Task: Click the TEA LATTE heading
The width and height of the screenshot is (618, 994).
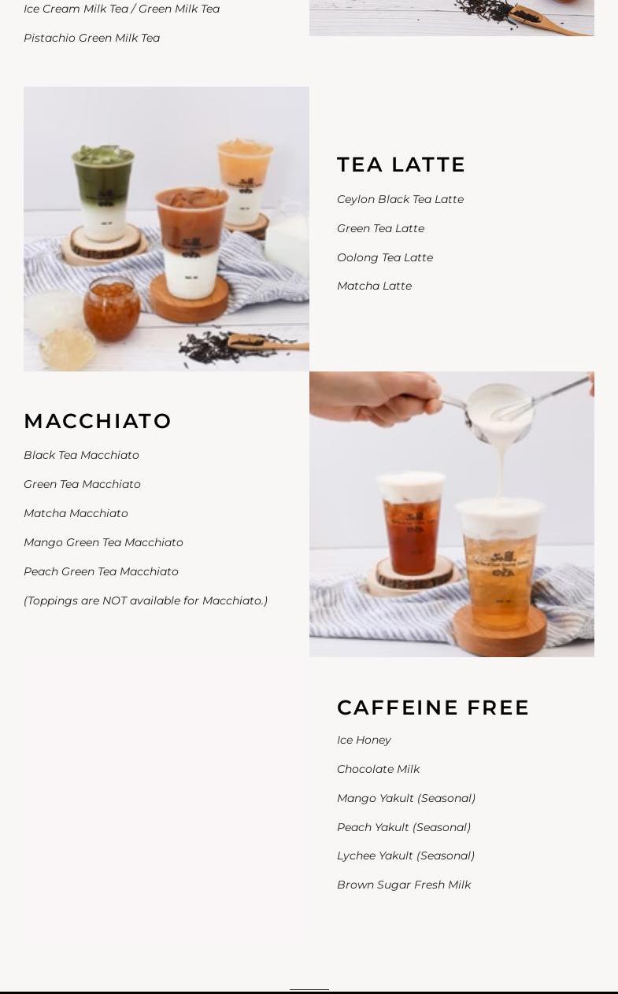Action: pos(401,164)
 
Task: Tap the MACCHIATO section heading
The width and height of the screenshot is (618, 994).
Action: pos(98,421)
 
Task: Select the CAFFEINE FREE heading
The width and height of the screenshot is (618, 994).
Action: pos(433,708)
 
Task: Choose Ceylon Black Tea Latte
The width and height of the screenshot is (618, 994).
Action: pos(400,199)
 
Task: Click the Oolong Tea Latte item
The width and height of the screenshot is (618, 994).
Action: pos(385,257)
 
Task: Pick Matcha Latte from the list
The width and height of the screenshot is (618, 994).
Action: pos(374,286)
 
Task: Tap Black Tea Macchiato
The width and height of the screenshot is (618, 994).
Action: pos(81,455)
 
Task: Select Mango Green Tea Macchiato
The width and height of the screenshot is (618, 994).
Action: pos(103,542)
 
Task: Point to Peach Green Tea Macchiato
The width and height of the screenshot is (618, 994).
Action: pos(102,571)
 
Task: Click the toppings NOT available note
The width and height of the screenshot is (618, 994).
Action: pos(146,600)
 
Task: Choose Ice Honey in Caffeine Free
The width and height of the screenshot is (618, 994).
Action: pos(364,740)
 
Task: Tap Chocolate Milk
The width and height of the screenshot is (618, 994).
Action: pos(378,769)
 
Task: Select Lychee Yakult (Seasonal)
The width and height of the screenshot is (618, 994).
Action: pos(405,855)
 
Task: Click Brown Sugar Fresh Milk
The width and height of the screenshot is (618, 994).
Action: pos(404,885)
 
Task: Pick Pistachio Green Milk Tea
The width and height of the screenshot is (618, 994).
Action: pos(92,38)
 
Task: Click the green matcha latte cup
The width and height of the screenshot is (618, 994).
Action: pos(103,193)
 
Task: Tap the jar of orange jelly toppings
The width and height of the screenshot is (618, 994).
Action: pos(112,309)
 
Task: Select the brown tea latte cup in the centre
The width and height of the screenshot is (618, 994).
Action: pos(191,242)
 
